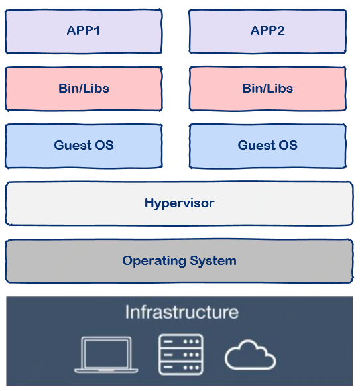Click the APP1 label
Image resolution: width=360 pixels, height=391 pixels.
pyautogui.click(x=84, y=31)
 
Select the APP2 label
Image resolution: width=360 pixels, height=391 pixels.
pyautogui.click(x=268, y=31)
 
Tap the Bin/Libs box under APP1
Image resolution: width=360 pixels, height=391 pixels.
pyautogui.click(x=84, y=89)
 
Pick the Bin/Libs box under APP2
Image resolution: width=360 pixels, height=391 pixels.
pyautogui.click(x=268, y=89)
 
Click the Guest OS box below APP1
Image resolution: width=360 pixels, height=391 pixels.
pyautogui.click(x=84, y=146)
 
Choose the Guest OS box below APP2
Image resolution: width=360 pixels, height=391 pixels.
pyautogui.click(x=268, y=146)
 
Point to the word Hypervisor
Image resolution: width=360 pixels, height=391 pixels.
pyautogui.click(x=180, y=203)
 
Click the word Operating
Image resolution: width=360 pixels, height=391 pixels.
pyautogui.click(x=154, y=261)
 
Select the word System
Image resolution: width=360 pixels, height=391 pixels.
pyautogui.click(x=213, y=261)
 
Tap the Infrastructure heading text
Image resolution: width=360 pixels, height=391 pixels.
pyautogui.click(x=182, y=312)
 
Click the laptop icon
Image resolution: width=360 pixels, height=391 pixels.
pyautogui.click(x=106, y=355)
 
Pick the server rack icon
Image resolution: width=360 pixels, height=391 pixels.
pyautogui.click(x=181, y=355)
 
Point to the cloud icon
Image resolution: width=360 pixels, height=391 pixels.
pyautogui.click(x=250, y=355)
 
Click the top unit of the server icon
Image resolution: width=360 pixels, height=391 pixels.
pyautogui.click(x=181, y=341)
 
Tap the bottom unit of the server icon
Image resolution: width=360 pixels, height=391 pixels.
pyautogui.click(x=181, y=368)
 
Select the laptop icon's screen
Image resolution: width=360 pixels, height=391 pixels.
pyautogui.click(x=107, y=353)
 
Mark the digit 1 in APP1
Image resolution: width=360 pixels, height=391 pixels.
pyautogui.click(x=97, y=31)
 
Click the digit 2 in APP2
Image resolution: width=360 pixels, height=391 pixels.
pyautogui.click(x=281, y=31)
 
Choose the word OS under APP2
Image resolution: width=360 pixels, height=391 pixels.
pyautogui.click(x=288, y=145)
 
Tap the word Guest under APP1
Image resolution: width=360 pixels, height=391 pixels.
pyautogui.click(x=73, y=145)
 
